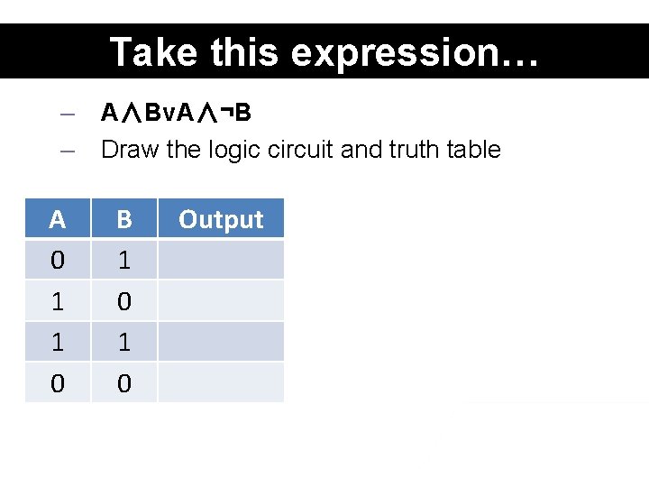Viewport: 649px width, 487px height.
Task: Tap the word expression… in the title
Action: coord(415,52)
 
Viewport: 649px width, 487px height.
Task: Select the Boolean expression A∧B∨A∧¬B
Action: coord(177,113)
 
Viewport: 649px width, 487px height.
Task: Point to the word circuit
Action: coord(302,149)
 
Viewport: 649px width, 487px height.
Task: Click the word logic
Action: coord(233,149)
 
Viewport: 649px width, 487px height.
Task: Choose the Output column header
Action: coord(221,219)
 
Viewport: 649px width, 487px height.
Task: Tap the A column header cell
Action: coord(58,219)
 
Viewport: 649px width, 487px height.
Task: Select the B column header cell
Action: coord(124,219)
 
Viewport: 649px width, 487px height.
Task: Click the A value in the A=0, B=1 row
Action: coord(58,261)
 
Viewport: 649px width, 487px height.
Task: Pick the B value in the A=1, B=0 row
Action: coord(124,301)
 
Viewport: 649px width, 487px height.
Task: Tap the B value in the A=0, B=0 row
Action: coord(124,383)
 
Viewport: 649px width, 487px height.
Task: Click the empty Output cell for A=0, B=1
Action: coord(221,261)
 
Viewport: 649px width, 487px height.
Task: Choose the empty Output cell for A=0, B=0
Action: coord(221,383)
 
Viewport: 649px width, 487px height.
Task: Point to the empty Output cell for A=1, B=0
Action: coord(221,301)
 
